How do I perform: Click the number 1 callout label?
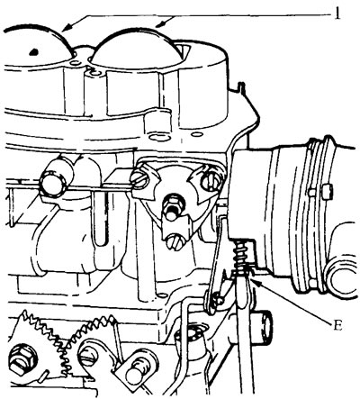tap(337, 13)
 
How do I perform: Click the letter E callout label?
tap(337, 325)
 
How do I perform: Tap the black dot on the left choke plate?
tap(34, 51)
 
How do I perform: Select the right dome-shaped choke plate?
tap(137, 47)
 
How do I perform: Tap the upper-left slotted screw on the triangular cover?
tap(139, 179)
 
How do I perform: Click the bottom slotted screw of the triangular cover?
tap(175, 241)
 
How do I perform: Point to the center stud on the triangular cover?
tap(171, 206)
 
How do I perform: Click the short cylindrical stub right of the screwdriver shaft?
tap(264, 327)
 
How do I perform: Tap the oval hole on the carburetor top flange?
tap(159, 138)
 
